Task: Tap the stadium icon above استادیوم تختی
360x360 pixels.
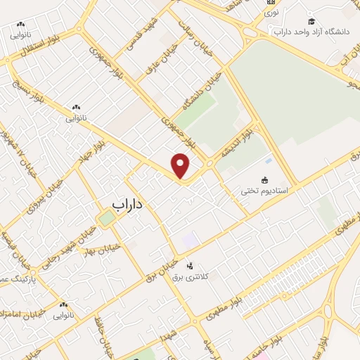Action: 264,180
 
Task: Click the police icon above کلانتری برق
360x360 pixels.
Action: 189,266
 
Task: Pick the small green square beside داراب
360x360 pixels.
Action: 106,219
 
